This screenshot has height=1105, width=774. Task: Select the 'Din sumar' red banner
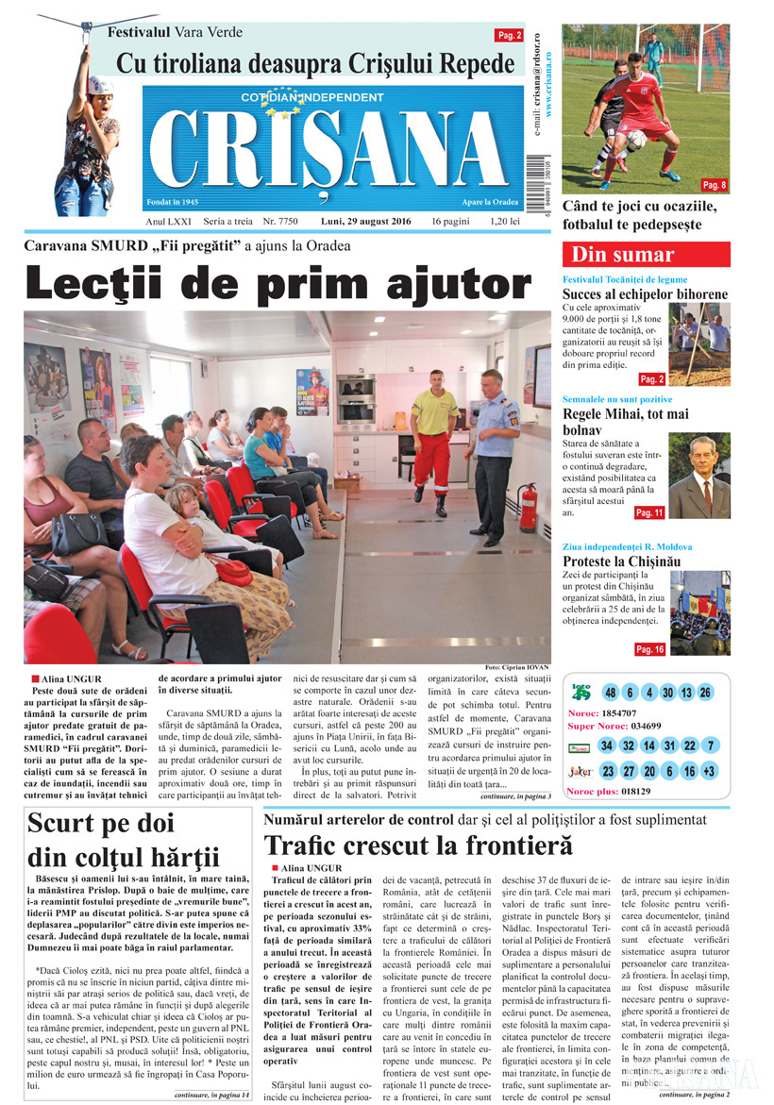pyautogui.click(x=646, y=255)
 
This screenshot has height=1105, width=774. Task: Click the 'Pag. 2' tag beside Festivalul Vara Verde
pyautogui.click(x=509, y=36)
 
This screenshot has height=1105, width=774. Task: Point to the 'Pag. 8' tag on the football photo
pyautogui.click(x=714, y=184)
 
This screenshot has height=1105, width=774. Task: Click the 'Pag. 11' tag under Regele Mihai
pyautogui.click(x=648, y=512)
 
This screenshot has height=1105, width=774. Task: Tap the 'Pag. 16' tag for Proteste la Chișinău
pyautogui.click(x=649, y=649)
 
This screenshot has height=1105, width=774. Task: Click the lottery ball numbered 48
pyautogui.click(x=611, y=693)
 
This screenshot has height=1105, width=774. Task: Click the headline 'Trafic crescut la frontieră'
pyautogui.click(x=419, y=845)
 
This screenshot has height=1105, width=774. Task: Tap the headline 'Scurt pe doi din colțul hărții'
pyautogui.click(x=124, y=840)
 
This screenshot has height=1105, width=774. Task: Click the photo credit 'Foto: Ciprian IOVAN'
pyautogui.click(x=516, y=667)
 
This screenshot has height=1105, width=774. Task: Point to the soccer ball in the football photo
pyautogui.click(x=636, y=140)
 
